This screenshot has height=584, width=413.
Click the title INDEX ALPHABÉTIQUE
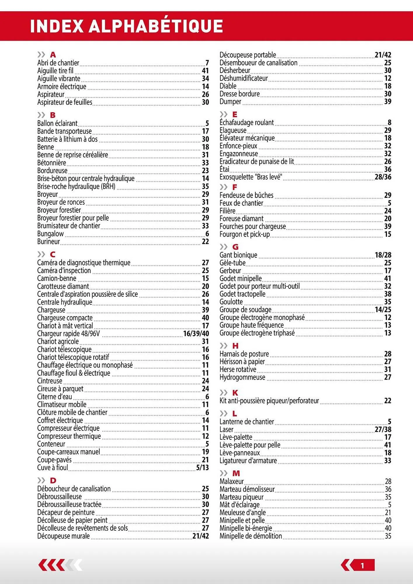[x=126, y=26]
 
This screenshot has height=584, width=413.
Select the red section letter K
[x=235, y=393]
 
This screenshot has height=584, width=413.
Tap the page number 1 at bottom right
[x=362, y=566]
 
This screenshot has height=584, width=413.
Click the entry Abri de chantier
[x=58, y=63]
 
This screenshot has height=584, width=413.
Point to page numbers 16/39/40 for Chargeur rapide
[x=196, y=333]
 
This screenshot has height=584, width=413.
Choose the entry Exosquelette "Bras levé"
[x=251, y=177]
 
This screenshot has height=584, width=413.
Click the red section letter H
[x=235, y=346]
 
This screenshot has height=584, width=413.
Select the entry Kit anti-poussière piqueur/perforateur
[x=269, y=401]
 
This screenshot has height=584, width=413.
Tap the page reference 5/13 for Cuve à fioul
[x=202, y=467]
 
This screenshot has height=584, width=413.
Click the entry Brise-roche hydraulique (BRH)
[x=76, y=186]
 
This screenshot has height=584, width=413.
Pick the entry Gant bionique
[x=238, y=255]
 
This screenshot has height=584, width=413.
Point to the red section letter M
[x=236, y=473]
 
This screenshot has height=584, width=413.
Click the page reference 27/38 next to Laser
[x=383, y=429]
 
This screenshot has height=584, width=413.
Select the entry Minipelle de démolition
[x=251, y=536]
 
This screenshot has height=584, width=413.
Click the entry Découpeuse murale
[x=63, y=536]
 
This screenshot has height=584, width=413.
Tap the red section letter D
[x=53, y=480]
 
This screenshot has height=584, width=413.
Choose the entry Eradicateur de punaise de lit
[x=257, y=161]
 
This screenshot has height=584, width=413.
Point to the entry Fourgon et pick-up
[x=244, y=234]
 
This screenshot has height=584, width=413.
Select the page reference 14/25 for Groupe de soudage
[x=383, y=310]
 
